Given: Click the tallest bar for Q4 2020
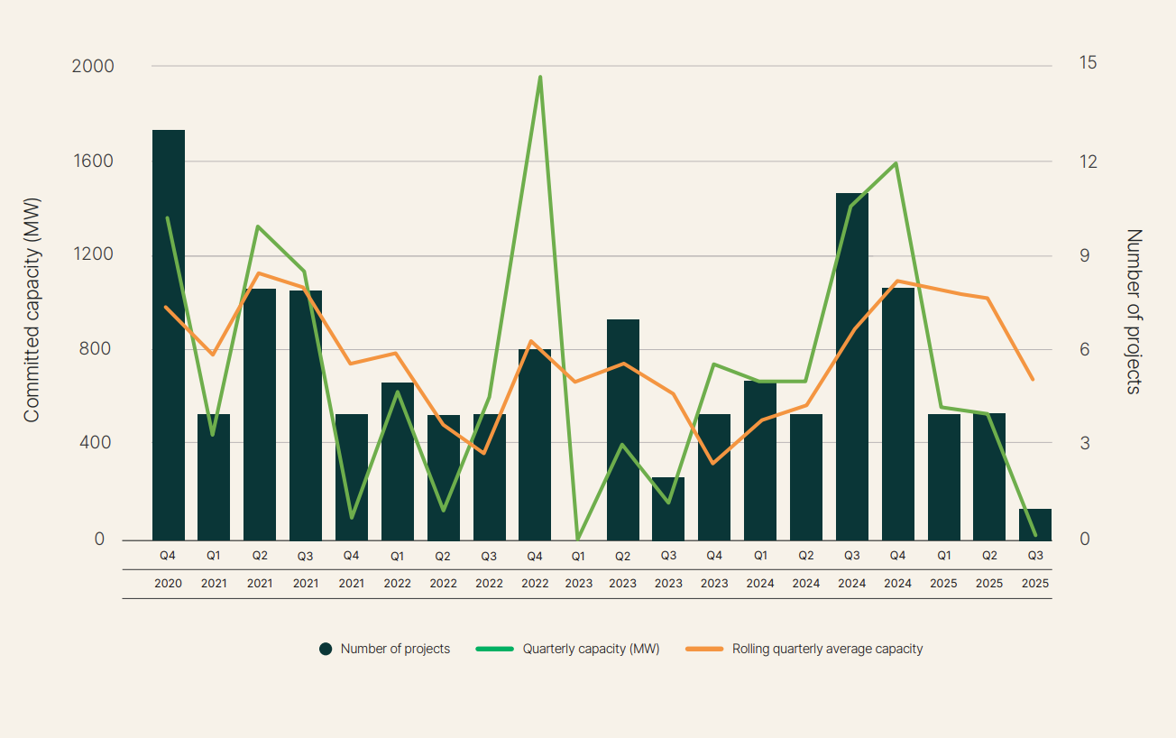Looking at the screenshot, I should (169, 334).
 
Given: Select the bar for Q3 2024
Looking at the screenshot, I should (852, 365).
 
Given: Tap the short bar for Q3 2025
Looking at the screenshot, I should (1034, 524).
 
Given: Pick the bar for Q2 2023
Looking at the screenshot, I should (623, 429).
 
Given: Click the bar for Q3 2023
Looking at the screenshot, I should (668, 508).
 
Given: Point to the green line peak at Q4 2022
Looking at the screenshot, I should (540, 78).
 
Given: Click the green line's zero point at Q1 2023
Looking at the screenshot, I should (578, 539).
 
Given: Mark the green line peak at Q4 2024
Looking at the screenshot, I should (896, 163).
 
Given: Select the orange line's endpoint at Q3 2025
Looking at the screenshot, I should (1033, 380).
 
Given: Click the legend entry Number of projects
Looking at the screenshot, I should (395, 649).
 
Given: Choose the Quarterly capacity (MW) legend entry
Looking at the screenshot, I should (591, 649).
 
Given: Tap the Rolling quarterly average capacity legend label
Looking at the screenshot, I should (827, 649).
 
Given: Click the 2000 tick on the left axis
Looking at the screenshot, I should (93, 66).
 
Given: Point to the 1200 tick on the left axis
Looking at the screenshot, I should (93, 254).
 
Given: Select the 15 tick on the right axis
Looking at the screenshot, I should (1088, 63).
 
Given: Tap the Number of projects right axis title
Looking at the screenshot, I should (1134, 311).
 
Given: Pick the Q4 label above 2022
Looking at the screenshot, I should (534, 556).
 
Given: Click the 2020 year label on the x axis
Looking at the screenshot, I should (168, 583).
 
